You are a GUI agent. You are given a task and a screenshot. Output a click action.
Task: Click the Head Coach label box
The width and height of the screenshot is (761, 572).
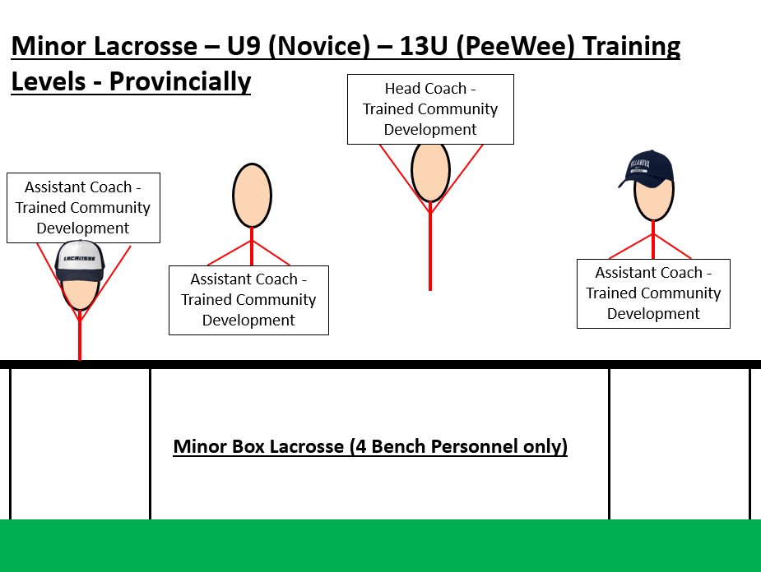430,109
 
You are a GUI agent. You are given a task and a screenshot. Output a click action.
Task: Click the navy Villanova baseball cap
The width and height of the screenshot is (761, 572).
648,168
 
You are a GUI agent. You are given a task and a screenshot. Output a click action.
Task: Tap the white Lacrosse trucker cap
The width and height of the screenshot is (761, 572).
81,259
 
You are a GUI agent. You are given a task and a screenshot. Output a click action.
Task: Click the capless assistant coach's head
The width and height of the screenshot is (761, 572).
251,196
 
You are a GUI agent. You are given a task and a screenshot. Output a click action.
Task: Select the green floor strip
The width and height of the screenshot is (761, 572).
380,546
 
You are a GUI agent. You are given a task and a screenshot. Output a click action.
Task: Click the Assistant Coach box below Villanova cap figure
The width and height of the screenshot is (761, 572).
653,293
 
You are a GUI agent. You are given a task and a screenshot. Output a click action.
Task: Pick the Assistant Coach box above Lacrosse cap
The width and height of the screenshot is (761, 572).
83,208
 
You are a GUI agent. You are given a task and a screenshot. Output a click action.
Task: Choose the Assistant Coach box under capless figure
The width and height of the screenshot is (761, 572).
248,300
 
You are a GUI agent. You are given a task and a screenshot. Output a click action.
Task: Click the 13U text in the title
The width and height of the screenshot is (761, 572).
422,46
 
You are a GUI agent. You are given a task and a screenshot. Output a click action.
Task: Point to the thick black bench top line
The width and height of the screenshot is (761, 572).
380,363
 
